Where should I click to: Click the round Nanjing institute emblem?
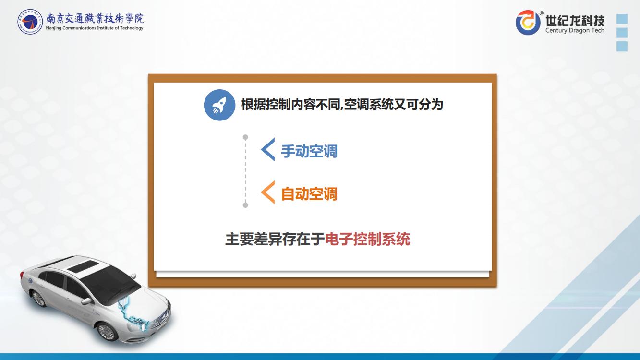coord(30,22)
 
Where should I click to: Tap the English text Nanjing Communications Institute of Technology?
coord(95,28)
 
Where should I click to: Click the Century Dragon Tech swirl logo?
coord(528,23)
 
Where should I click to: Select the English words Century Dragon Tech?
coord(575,30)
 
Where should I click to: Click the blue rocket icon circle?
coord(219,105)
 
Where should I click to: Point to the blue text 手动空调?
coord(309,151)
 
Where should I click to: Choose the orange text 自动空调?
coord(309,194)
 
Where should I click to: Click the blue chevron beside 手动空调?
coord(268,149)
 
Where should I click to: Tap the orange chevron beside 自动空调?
coord(268,192)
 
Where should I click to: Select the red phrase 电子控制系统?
coord(367,239)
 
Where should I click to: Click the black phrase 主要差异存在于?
coord(275,239)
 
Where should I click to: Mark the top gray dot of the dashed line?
coord(245,137)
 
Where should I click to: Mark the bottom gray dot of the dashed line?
coord(245,205)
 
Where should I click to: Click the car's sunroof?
coord(82,266)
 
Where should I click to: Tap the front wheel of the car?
coord(107,331)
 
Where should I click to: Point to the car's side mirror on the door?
coord(86,301)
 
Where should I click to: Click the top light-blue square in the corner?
coord(622,19)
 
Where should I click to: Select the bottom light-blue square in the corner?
coord(622,46)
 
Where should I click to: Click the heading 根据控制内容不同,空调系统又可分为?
coord(342,105)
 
